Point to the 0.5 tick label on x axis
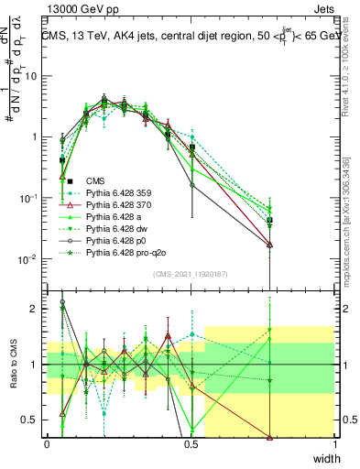pyautogui.click(x=191, y=444)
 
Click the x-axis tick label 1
pyautogui.click(x=334, y=444)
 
